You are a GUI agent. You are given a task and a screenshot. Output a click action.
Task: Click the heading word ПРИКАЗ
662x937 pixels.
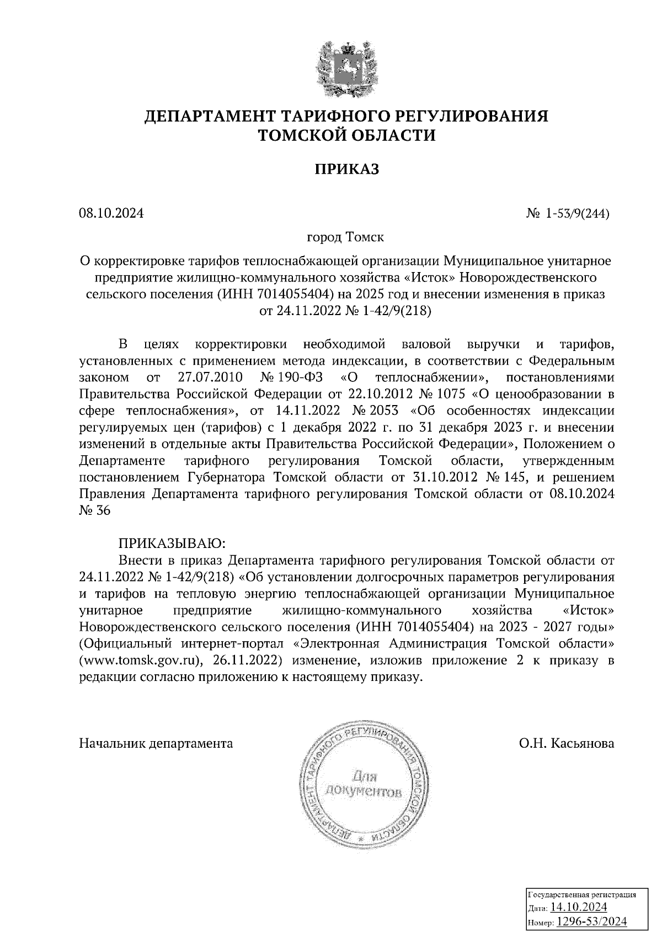pyautogui.click(x=346, y=169)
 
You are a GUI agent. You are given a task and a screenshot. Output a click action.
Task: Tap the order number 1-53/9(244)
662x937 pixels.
pyautogui.click(x=577, y=214)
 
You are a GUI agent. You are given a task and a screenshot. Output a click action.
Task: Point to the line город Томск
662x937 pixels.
pyautogui.click(x=345, y=238)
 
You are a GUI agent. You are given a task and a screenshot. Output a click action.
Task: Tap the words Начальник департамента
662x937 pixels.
pyautogui.click(x=156, y=743)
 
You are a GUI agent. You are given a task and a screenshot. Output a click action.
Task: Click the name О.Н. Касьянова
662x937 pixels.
pyautogui.click(x=565, y=743)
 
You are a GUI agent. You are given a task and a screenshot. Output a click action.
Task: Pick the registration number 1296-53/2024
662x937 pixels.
pyautogui.click(x=591, y=921)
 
